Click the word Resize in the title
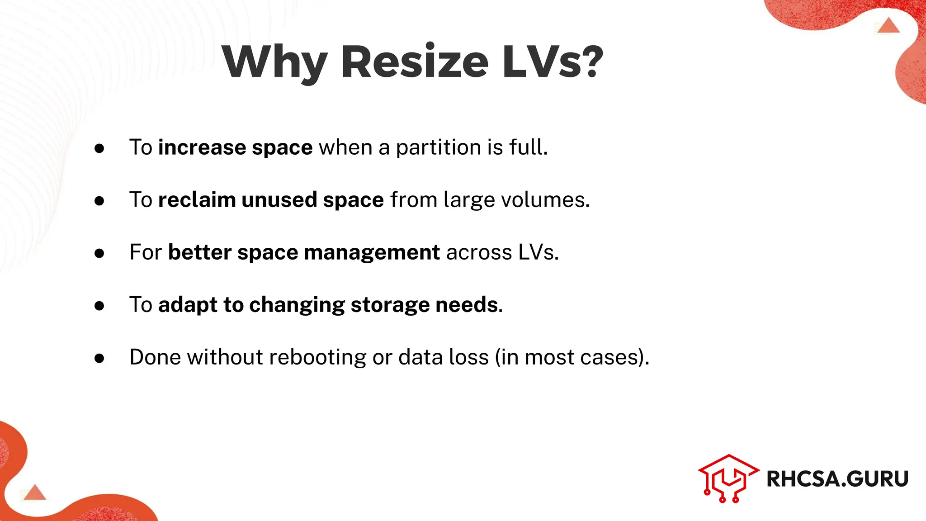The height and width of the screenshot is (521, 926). pyautogui.click(x=415, y=62)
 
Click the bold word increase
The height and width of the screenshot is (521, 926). pyautogui.click(x=202, y=147)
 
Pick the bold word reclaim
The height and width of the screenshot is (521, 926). pyautogui.click(x=197, y=200)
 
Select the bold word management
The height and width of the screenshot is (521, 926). pyautogui.click(x=372, y=252)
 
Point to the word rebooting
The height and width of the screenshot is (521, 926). pyautogui.click(x=318, y=357)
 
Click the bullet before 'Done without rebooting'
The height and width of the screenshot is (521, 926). pyautogui.click(x=99, y=359)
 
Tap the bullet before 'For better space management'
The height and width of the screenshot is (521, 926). pyautogui.click(x=99, y=254)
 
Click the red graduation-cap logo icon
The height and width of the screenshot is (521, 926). pyautogui.click(x=728, y=478)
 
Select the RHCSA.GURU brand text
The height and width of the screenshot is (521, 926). pyautogui.click(x=837, y=479)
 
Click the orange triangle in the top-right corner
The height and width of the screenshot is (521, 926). pyautogui.click(x=888, y=26)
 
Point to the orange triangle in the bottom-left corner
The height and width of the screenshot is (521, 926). pyautogui.click(x=35, y=493)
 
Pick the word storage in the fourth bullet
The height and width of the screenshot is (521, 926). pyautogui.click(x=390, y=305)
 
